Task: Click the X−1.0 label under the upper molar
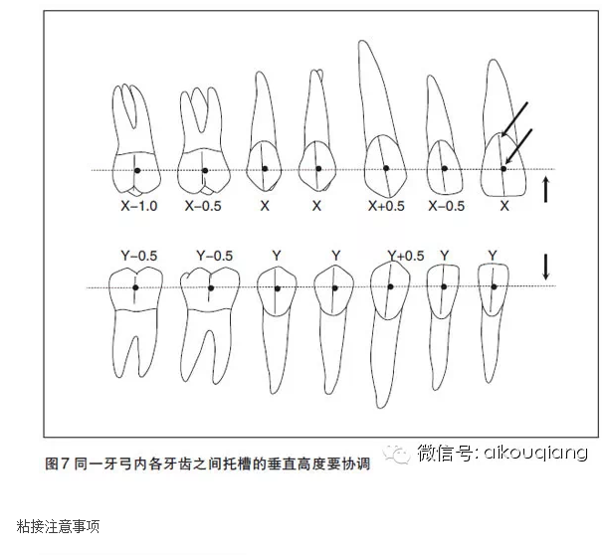[139, 206]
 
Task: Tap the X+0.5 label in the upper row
[386, 206]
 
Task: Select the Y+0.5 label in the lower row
[406, 256]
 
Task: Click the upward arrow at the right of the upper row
[545, 189]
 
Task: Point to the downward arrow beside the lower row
[545, 267]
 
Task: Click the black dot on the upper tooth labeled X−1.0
[137, 170]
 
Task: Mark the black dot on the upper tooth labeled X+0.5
[386, 168]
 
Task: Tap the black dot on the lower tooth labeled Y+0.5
[390, 286]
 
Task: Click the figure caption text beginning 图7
[208, 463]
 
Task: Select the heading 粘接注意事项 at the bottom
[58, 526]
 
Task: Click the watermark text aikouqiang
[536, 453]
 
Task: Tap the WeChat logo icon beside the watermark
[395, 455]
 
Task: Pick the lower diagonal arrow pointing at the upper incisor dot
[518, 147]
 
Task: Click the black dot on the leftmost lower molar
[135, 287]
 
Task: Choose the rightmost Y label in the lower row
[493, 256]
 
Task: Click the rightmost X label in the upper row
[504, 206]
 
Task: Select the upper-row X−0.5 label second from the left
[203, 206]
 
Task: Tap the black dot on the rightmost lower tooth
[495, 286]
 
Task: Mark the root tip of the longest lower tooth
[380, 407]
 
